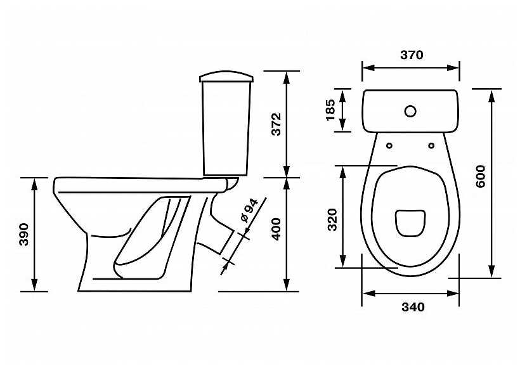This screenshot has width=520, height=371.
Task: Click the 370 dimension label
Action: tap(412, 55)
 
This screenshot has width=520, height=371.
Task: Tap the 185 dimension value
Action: tap(331, 110)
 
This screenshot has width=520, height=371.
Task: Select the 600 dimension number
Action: tap(481, 176)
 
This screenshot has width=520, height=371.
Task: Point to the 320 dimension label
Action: tap(332, 219)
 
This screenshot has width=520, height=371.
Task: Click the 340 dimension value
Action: tap(413, 308)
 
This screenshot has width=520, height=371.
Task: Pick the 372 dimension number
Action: tap(276, 124)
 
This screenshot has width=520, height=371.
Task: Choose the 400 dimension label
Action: tap(276, 229)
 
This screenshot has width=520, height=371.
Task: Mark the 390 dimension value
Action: tap(23, 235)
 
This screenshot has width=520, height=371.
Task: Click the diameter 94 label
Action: tap(249, 211)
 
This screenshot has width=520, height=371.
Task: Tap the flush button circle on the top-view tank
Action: tap(410, 111)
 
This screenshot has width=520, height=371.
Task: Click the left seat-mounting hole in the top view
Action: tap(389, 146)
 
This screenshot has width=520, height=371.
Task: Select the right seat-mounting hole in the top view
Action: tap(431, 146)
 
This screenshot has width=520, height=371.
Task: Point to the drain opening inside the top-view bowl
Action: tap(410, 223)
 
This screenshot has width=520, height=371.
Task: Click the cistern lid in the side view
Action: tap(226, 76)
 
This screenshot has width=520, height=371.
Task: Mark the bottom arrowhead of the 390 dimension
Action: tap(34, 285)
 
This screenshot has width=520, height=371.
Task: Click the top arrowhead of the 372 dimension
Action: tap(287, 77)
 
